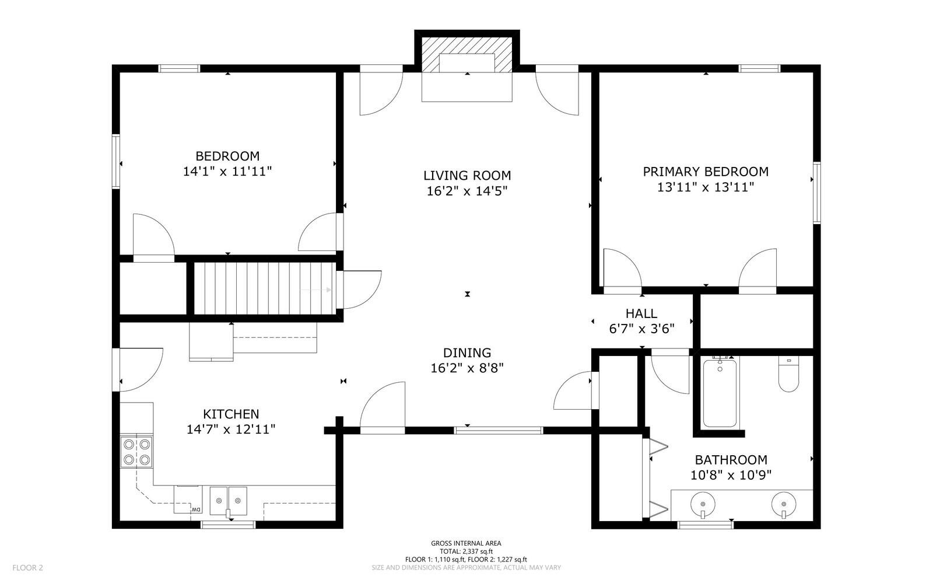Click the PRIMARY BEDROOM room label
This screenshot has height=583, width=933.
coord(706,172)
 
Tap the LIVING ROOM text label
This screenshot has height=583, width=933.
coord(467,176)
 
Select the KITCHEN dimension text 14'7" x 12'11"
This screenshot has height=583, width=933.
coord(231,430)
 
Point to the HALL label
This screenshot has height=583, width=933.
coord(641,313)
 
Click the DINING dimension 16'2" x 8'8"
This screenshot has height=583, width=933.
coord(467,368)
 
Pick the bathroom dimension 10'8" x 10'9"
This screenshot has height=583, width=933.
coord(731,475)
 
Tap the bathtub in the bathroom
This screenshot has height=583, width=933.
coord(720,393)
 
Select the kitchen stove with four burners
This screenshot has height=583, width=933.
coord(136,452)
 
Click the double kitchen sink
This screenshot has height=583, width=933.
coord(228,501)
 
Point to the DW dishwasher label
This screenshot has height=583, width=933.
coord(195,510)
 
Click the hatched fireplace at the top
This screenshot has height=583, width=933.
coord(467,55)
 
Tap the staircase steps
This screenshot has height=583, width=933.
coord(265,288)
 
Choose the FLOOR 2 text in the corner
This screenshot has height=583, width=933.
coord(27,568)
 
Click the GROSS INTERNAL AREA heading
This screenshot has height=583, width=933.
coord(466,543)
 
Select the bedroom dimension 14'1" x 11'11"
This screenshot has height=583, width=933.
coord(227,171)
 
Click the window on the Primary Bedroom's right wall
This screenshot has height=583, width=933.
coord(817,193)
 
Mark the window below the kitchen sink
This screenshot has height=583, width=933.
coord(228,525)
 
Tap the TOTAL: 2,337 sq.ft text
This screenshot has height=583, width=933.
coord(466,551)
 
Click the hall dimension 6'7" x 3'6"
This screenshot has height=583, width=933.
coord(641,329)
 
